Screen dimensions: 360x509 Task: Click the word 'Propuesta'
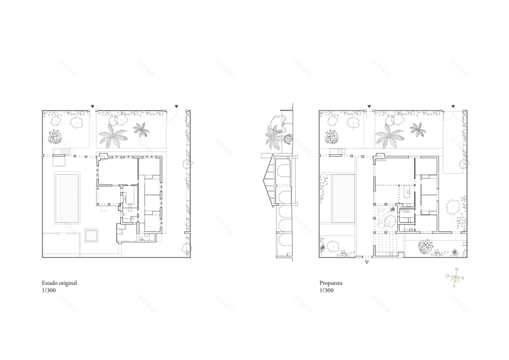pyautogui.click(x=331, y=283)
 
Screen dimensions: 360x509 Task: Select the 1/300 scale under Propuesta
pyautogui.click(x=327, y=290)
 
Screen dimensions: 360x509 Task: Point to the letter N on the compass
pyautogui.click(x=456, y=269)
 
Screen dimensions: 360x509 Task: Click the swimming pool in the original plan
pyautogui.click(x=67, y=197)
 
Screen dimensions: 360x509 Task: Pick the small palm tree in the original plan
pyautogui.click(x=140, y=129)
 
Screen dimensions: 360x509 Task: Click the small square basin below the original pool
pyautogui.click(x=91, y=235)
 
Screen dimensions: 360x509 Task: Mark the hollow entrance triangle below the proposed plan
pyautogui.click(x=366, y=263)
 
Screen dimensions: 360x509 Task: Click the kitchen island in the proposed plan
pyautogui.click(x=408, y=192)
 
